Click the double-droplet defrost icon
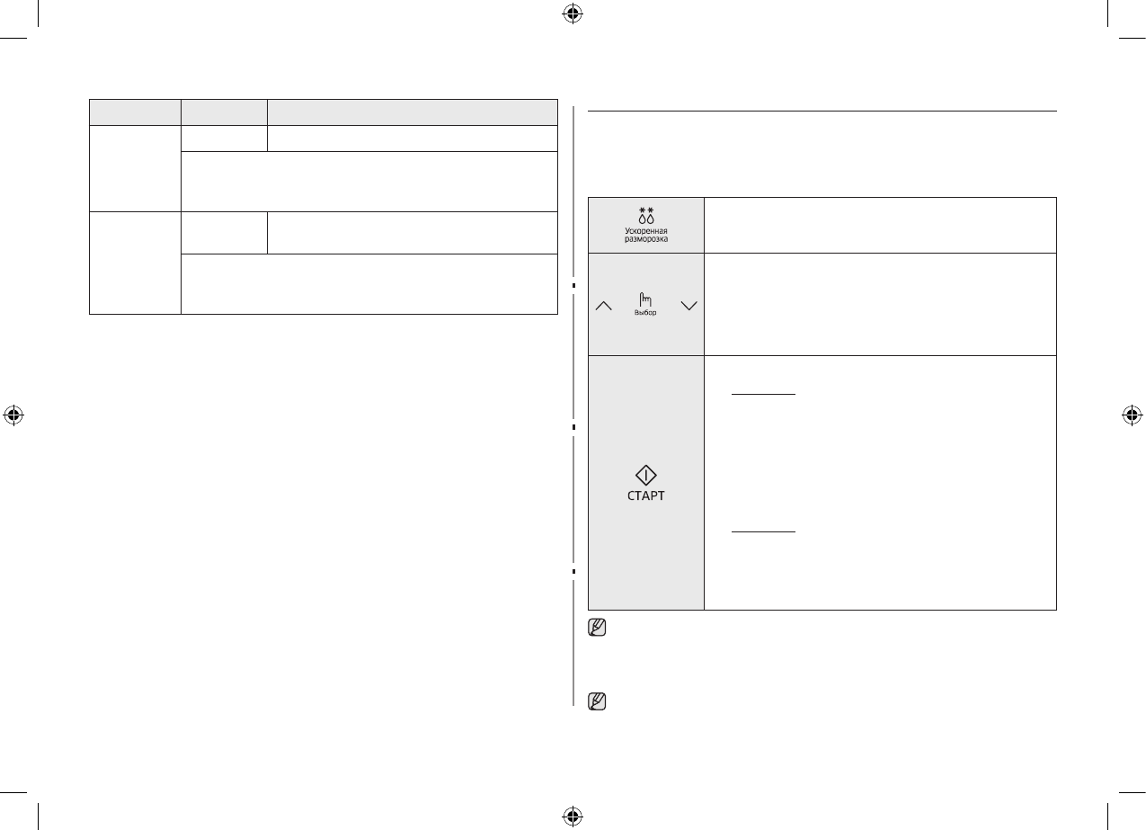pos(645,218)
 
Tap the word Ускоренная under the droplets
pos(645,231)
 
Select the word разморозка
pos(645,240)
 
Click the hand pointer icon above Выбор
pos(644,300)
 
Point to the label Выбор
pos(644,313)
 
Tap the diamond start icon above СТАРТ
pos(646,477)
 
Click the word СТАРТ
pos(646,496)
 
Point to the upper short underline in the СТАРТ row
pos(763,394)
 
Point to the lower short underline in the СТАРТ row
pos(763,531)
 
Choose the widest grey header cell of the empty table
pos(413,112)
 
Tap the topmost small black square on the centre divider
pos(573,285)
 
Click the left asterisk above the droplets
pos(641,209)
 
